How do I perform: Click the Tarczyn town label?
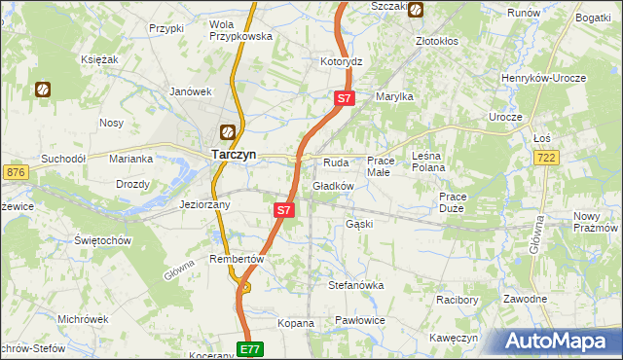pos(235,153)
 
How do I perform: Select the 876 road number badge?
pos(15,172)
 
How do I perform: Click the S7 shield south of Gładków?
pos(283,209)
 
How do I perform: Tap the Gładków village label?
pos(333,185)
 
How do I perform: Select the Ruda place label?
pos(336,162)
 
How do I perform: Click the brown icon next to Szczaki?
pos(417,11)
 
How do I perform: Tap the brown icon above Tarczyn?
pos(227,130)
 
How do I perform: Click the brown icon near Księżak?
pos(43,90)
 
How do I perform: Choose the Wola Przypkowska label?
pos(238,29)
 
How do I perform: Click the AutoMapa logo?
pos(560,342)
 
